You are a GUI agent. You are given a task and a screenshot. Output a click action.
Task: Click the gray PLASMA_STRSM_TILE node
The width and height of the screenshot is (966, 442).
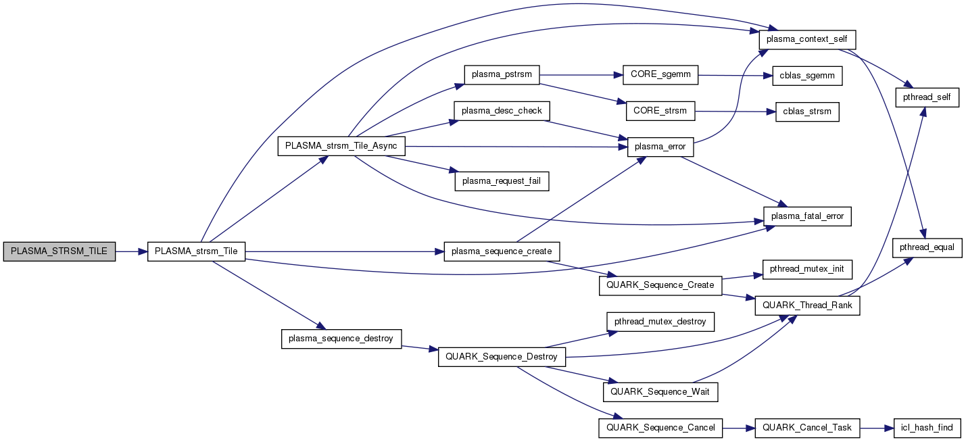click(59, 251)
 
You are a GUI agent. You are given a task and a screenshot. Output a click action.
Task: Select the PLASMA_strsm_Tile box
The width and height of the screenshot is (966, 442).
click(196, 251)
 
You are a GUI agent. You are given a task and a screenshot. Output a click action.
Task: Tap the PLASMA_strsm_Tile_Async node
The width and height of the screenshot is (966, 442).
click(341, 147)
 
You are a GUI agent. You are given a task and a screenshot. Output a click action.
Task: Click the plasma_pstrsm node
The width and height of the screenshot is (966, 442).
click(502, 74)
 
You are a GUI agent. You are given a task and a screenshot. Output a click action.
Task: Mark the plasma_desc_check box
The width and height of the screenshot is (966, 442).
click(502, 111)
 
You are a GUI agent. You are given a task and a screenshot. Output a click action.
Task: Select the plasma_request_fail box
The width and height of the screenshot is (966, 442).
click(502, 181)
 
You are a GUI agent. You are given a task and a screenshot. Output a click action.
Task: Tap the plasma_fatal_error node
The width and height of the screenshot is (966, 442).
click(807, 216)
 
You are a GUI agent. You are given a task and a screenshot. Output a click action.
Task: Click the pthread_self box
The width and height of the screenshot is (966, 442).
click(927, 97)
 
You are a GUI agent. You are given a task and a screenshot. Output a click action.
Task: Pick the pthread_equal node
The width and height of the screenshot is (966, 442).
click(927, 247)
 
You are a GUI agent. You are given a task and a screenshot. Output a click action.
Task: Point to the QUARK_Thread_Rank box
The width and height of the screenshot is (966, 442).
click(807, 305)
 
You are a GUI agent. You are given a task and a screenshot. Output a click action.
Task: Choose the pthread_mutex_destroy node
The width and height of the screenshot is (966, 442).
click(660, 321)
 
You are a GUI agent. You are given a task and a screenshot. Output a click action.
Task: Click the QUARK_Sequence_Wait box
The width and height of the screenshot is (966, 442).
click(660, 391)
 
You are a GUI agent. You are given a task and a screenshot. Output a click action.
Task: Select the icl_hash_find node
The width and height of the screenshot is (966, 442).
click(927, 428)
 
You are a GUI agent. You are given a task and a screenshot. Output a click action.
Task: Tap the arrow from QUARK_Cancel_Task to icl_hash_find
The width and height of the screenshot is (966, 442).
click(876, 428)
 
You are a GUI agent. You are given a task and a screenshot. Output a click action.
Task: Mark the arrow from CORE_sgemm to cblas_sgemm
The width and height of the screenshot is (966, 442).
click(734, 75)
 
